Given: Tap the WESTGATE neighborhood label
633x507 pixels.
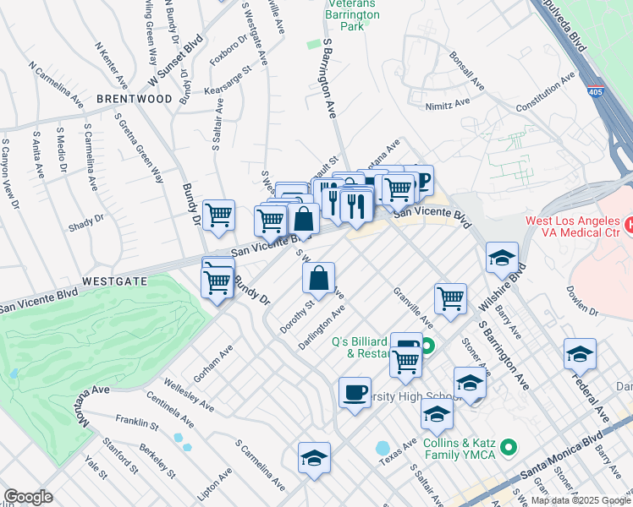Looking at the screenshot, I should (115, 281).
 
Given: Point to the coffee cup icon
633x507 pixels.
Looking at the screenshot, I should (355, 393).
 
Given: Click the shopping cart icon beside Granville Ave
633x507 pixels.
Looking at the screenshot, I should (450, 298).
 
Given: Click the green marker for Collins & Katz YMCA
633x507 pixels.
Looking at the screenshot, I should (508, 445).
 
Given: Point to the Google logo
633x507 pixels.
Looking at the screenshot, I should (28, 497).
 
